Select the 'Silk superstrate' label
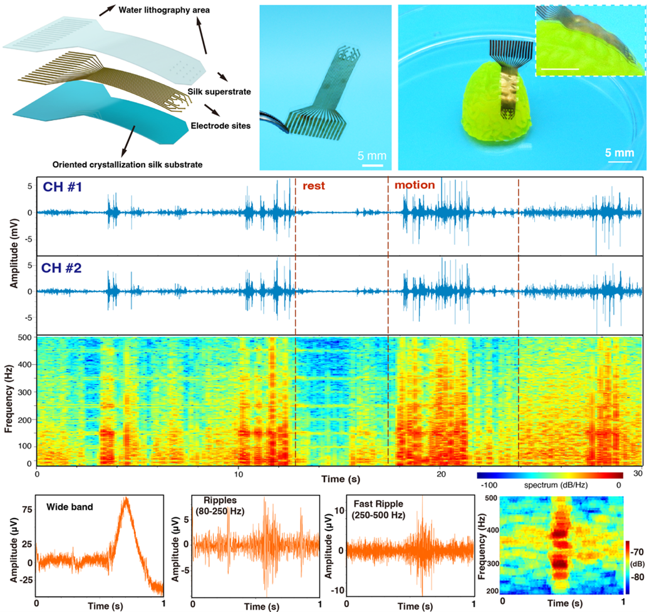[219, 92]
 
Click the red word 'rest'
[314, 186]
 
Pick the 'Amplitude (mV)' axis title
[14, 254]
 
